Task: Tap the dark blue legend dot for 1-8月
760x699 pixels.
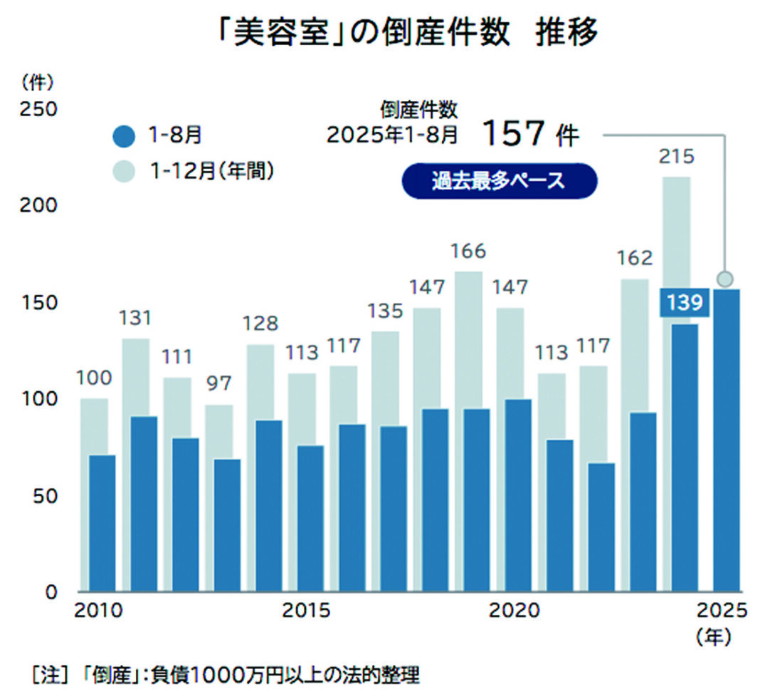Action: click(124, 135)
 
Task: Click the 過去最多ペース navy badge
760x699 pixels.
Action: click(498, 181)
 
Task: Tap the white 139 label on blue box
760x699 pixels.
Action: click(684, 303)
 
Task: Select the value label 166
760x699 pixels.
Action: click(468, 251)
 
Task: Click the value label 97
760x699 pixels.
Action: click(220, 384)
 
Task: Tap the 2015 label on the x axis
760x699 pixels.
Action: click(307, 612)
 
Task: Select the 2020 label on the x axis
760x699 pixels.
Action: click(514, 612)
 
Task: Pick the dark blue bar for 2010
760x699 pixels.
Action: click(102, 523)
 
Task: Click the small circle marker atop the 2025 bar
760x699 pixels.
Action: click(724, 279)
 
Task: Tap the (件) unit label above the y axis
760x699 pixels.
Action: click(37, 83)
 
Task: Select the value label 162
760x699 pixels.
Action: click(633, 258)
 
